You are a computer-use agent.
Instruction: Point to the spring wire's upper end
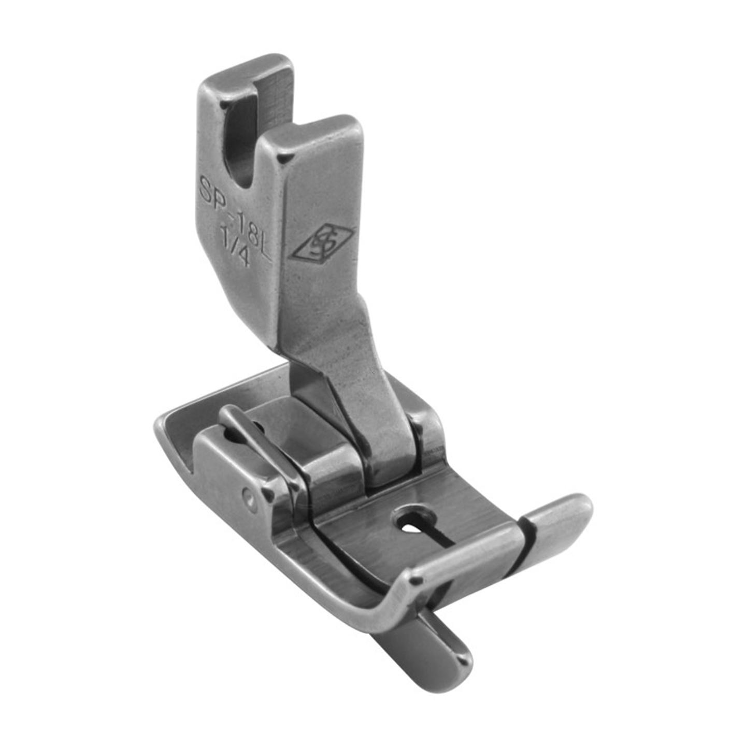[228, 412]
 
